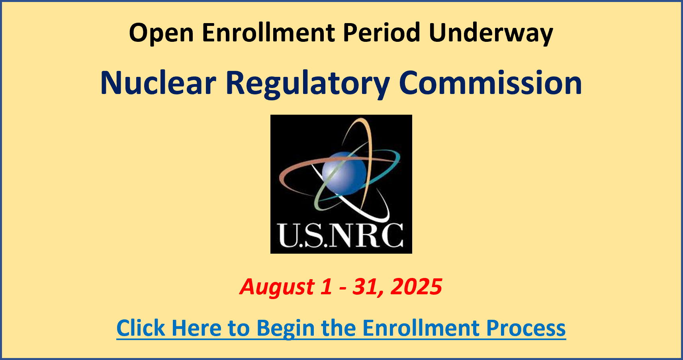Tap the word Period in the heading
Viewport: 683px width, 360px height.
click(382, 32)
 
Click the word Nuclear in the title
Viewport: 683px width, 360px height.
click(158, 83)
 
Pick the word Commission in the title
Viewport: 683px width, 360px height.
click(490, 83)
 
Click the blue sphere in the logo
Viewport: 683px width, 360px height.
click(344, 173)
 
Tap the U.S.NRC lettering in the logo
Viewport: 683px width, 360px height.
click(341, 235)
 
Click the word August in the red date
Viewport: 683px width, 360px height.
click(277, 287)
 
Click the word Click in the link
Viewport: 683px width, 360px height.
click(141, 328)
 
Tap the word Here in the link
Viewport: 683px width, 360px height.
click(196, 328)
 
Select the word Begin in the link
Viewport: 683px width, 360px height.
click(285, 329)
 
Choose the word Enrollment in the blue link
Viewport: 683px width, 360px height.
click(421, 328)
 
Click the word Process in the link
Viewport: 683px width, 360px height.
click(526, 328)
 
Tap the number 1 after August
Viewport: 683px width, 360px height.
click(327, 286)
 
